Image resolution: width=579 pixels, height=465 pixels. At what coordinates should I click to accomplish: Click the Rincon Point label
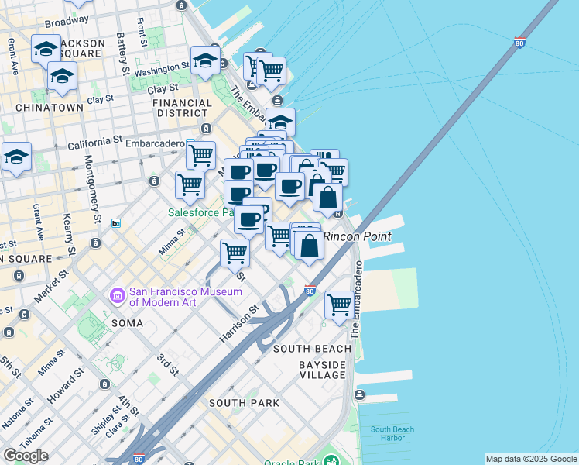[x=357, y=236]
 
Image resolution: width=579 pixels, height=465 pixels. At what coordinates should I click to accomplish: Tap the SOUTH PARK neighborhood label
[x=244, y=402]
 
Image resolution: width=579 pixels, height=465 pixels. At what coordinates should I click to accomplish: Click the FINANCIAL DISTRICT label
[x=182, y=108]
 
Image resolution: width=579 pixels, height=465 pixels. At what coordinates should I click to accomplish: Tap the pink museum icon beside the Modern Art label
[x=118, y=296]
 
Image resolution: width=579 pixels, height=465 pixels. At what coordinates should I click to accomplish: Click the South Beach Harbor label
[x=392, y=433]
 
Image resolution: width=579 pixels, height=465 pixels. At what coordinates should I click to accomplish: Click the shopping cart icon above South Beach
[x=339, y=305]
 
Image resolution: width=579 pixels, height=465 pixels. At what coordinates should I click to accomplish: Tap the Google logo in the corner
[x=26, y=455]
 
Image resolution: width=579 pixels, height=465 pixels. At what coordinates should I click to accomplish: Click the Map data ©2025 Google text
[x=531, y=459]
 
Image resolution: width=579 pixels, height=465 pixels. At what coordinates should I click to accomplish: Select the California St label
[x=96, y=144]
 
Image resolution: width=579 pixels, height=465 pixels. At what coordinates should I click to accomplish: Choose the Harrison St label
[x=243, y=319]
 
